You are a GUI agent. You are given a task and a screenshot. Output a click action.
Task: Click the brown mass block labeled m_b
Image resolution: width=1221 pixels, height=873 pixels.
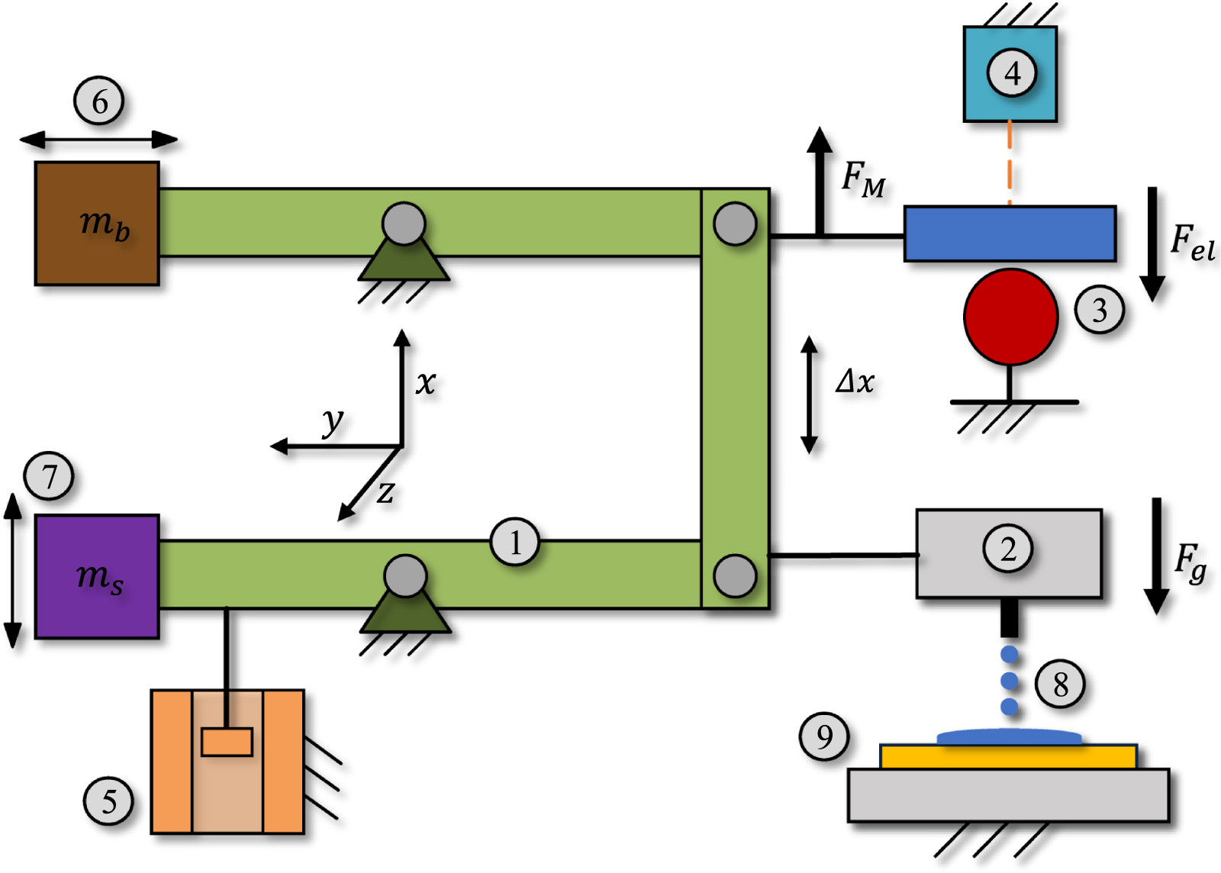click(97, 224)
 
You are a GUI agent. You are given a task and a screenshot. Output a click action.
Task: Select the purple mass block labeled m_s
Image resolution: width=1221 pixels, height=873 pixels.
click(97, 576)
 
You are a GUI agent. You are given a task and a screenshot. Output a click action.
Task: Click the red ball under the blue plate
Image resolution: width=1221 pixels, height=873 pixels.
click(1010, 316)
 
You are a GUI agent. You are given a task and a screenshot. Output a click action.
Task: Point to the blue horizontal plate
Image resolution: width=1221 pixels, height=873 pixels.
click(1010, 234)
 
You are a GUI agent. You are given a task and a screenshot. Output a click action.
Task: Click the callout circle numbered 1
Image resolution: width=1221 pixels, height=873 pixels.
click(515, 543)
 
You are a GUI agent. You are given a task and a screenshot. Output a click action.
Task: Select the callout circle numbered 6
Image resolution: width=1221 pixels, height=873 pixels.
click(99, 101)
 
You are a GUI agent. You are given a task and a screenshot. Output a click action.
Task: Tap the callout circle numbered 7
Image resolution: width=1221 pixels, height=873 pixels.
click(49, 476)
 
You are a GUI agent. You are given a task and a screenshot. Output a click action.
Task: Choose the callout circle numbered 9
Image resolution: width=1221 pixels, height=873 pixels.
click(824, 736)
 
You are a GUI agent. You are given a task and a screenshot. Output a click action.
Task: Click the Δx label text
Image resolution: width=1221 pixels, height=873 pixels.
click(855, 381)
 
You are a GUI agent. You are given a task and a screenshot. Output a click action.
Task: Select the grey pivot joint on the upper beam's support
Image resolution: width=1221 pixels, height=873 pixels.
click(404, 224)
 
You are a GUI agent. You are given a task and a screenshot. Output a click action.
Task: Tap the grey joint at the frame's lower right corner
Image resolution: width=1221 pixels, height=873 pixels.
click(735, 575)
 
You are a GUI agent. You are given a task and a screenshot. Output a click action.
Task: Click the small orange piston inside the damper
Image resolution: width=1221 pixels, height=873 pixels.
click(227, 742)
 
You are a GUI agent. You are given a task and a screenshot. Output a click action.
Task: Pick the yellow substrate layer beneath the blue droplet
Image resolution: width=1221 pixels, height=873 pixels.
click(1009, 757)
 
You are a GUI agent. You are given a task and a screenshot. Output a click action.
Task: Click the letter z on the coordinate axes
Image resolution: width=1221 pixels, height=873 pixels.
click(386, 494)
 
